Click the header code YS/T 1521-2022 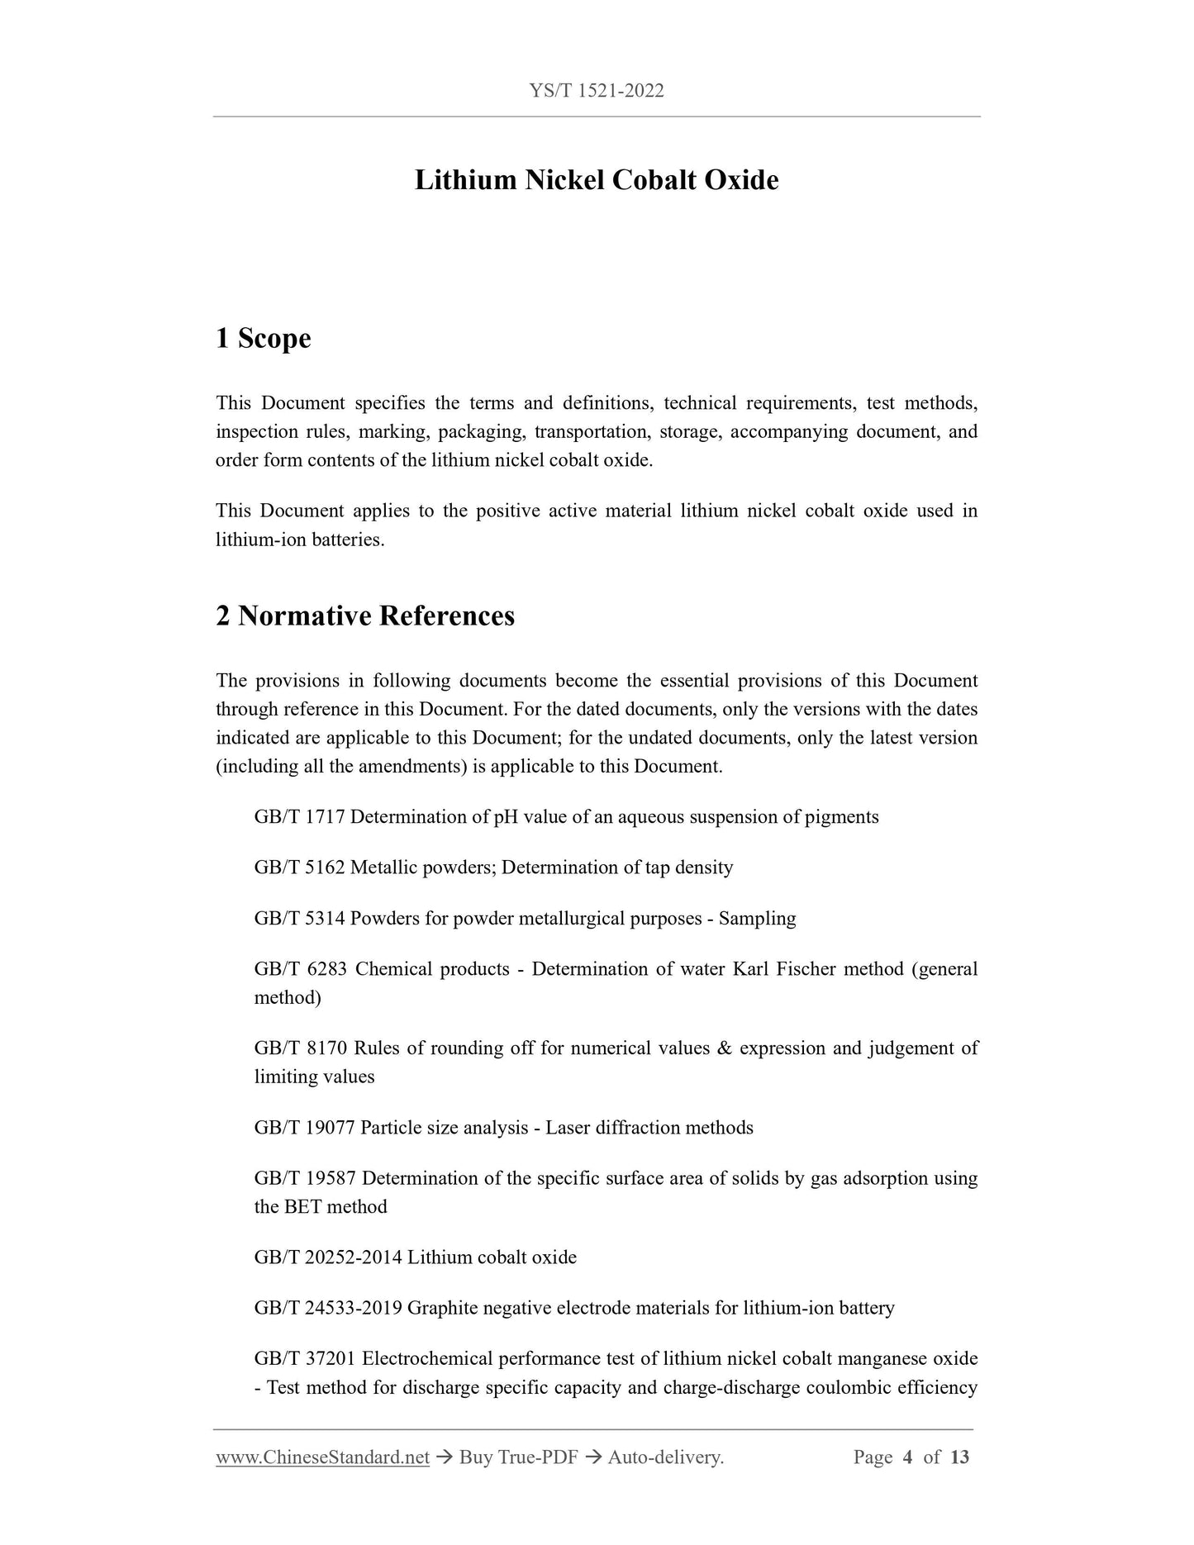[x=596, y=91]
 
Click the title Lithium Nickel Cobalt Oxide [x=596, y=180]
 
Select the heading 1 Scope [x=264, y=338]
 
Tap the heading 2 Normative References [x=365, y=616]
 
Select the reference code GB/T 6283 [x=300, y=969]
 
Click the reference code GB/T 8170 [x=300, y=1048]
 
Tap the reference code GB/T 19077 [x=305, y=1128]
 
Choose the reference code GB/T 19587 [x=305, y=1178]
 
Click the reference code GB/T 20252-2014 [x=328, y=1257]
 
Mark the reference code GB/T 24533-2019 [x=328, y=1308]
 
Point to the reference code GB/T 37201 [x=305, y=1358]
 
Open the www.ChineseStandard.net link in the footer [x=322, y=1457]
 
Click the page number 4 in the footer [x=907, y=1457]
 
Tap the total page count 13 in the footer [x=959, y=1457]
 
